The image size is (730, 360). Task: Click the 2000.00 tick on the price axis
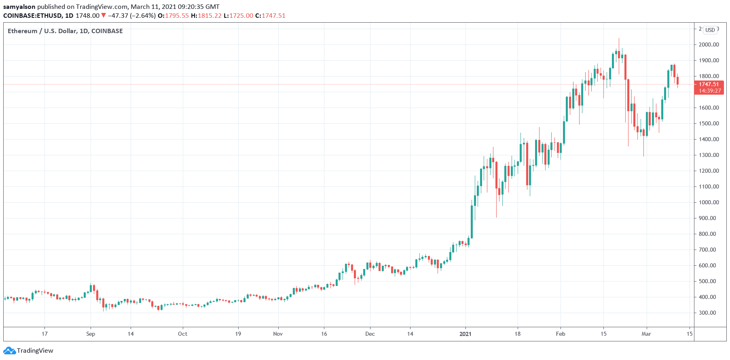(709, 44)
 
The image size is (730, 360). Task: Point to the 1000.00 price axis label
(709, 202)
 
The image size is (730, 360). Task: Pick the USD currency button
(710, 30)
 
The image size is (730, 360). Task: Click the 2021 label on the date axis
(465, 334)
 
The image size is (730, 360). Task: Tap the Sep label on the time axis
(91, 334)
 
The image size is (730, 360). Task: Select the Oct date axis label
(182, 334)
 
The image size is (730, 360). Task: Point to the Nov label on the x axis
(278, 334)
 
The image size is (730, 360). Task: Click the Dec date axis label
(370, 334)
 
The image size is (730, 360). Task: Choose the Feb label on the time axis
(560, 334)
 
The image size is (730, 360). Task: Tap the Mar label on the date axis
(646, 334)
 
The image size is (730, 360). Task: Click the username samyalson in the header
(19, 7)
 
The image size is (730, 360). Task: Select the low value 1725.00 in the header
(241, 16)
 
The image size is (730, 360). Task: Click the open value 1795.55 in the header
(177, 16)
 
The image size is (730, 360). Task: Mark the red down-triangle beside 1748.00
(104, 16)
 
